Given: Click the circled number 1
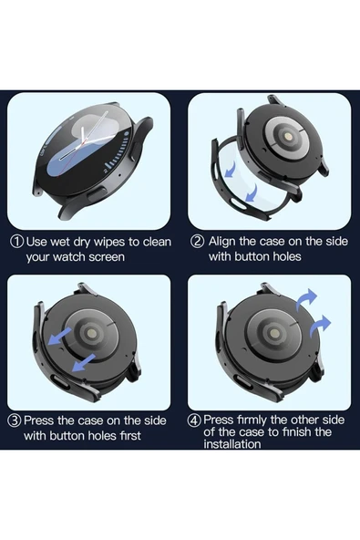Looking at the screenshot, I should [x=17, y=242].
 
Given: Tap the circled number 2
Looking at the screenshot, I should [x=197, y=242].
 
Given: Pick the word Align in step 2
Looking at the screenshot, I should [x=224, y=242].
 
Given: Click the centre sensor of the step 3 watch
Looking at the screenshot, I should [x=91, y=337].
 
